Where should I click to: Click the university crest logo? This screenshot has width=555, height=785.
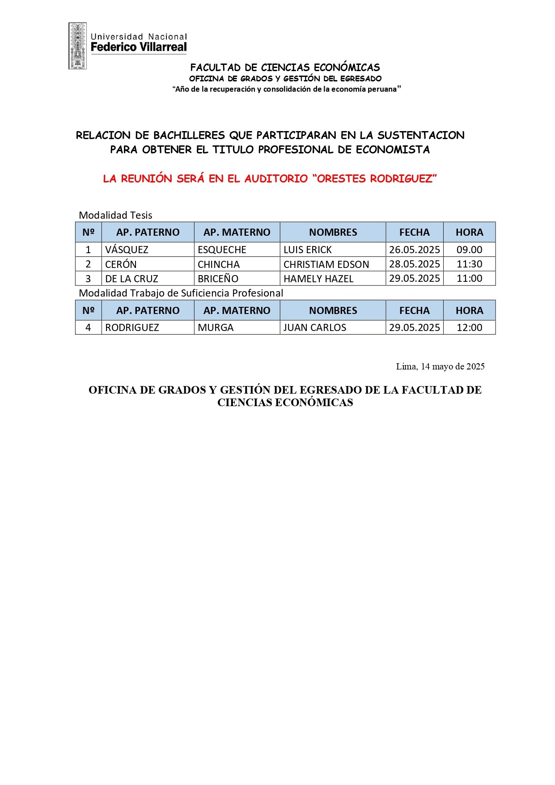click(x=77, y=46)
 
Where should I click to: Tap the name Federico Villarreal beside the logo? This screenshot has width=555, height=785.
click(x=139, y=47)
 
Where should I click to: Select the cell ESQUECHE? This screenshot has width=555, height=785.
click(x=222, y=250)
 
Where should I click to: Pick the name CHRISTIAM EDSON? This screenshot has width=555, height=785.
click(x=326, y=264)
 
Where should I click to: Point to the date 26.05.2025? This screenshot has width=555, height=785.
click(x=414, y=250)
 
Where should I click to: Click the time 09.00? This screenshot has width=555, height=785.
click(x=469, y=250)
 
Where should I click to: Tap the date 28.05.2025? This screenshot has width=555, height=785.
click(x=414, y=264)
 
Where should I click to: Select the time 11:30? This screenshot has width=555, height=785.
click(x=469, y=264)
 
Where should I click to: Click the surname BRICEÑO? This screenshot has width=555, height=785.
click(x=218, y=279)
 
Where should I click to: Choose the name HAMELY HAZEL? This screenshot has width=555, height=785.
click(x=318, y=279)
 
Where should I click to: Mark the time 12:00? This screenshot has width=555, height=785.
click(x=469, y=327)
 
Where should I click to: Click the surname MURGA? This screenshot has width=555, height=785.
click(x=216, y=327)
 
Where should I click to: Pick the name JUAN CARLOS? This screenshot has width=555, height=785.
click(x=315, y=327)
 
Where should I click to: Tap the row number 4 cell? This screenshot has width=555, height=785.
click(x=88, y=327)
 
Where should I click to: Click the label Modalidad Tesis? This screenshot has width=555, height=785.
click(x=115, y=215)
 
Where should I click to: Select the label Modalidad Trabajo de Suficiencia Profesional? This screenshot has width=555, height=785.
click(x=181, y=293)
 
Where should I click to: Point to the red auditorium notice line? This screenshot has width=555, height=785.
click(x=270, y=178)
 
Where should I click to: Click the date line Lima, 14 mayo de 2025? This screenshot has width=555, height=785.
click(x=440, y=366)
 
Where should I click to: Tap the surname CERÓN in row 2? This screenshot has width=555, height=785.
click(x=121, y=264)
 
